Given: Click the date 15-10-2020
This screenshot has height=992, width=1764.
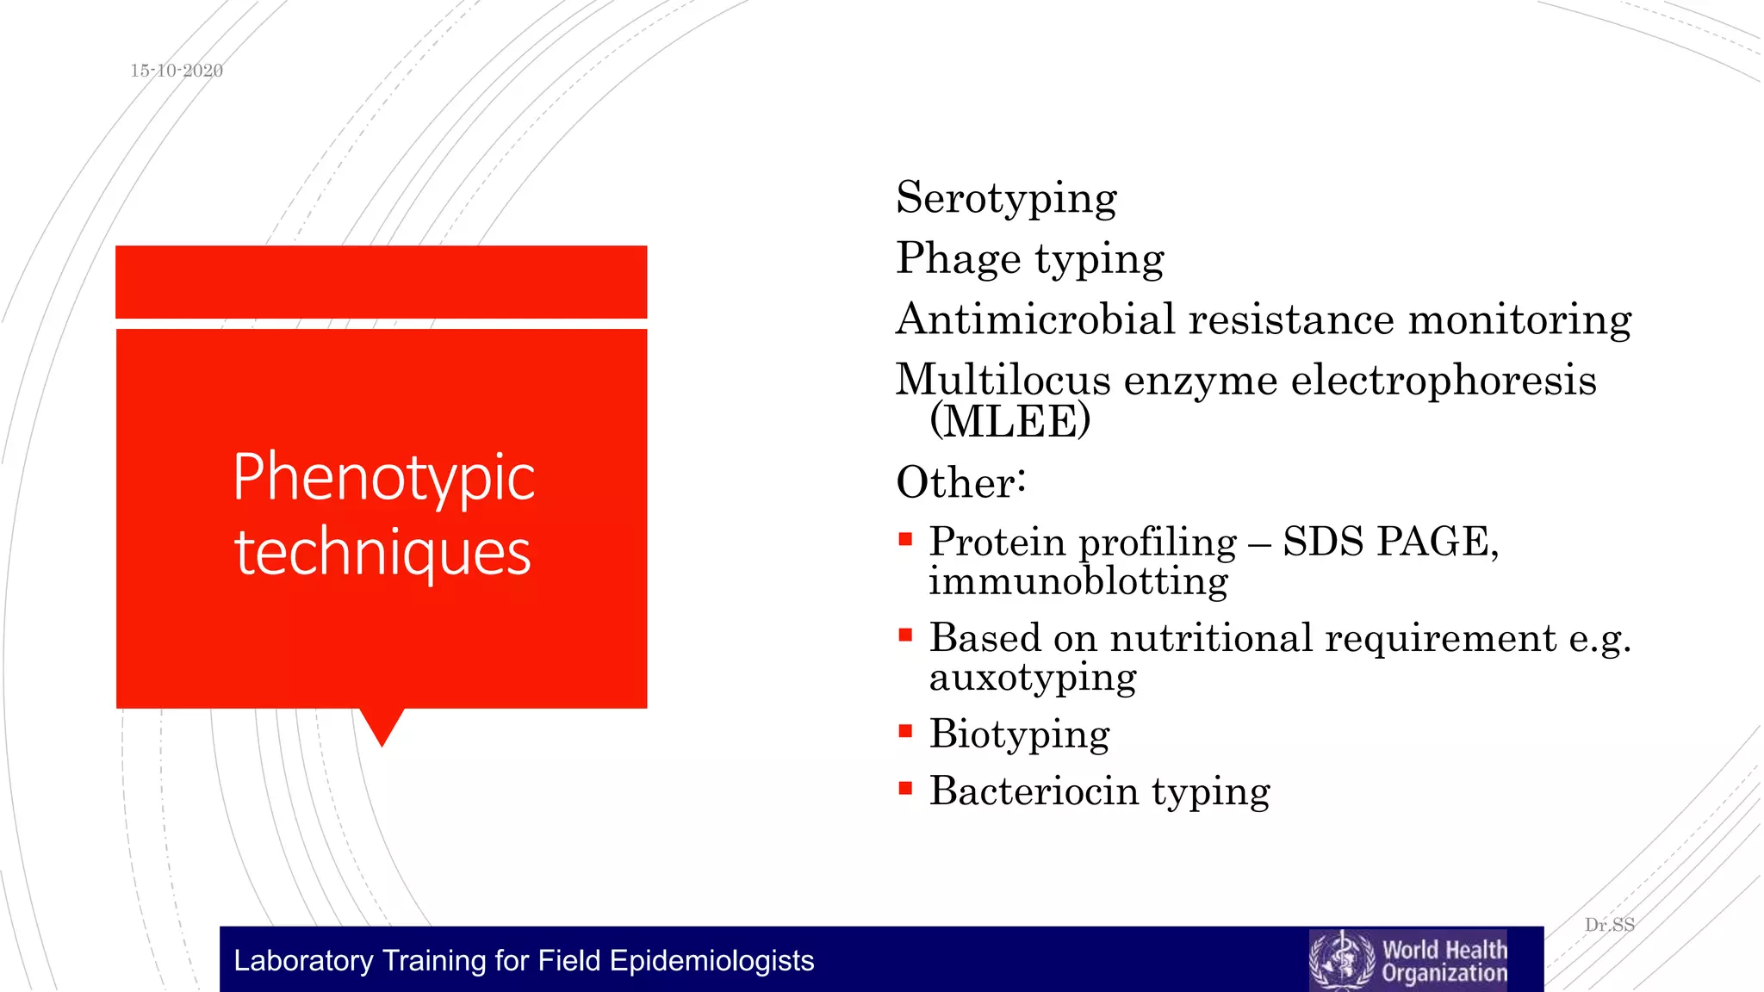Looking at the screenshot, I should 177,71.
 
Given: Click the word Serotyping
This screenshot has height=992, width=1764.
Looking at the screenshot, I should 1006,199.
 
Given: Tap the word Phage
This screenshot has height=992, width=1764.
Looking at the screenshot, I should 958,258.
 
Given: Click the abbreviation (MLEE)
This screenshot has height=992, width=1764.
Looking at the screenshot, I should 1009,421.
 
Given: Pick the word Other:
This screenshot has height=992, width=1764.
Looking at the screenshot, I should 960,482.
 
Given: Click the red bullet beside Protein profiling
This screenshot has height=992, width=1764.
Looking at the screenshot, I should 905,541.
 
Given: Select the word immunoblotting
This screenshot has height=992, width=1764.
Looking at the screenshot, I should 1078,581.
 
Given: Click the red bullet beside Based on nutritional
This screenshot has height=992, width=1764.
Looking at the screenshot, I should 905,636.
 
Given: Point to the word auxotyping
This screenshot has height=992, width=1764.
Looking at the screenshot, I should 1032,678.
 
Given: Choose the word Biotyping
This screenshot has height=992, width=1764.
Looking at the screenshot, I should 1019,735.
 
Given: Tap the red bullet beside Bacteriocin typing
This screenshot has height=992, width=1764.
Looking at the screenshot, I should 905,788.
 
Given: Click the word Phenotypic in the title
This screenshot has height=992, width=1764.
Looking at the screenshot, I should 383,478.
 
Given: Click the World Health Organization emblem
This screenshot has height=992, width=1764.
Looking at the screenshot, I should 1341,960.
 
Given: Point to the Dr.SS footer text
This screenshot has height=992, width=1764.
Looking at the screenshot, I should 1609,925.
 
